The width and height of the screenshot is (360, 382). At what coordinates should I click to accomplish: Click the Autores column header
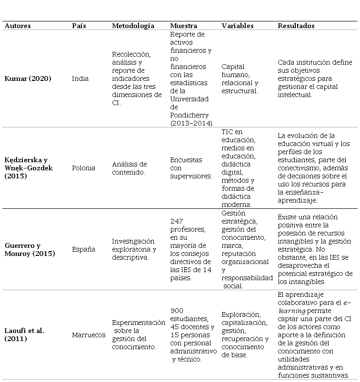point(19,26)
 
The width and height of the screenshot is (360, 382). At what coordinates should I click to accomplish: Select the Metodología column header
point(133,26)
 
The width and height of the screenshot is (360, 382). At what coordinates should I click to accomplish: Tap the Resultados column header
point(296,26)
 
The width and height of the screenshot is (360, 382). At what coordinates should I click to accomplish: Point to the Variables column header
point(238,26)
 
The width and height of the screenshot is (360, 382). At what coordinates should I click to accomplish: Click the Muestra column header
point(184,26)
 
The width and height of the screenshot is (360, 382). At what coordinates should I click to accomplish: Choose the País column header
point(79,26)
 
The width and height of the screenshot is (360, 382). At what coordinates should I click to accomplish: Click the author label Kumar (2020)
point(28,78)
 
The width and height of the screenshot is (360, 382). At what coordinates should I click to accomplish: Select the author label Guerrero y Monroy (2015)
point(30,249)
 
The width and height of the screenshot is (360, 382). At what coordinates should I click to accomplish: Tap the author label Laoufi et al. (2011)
point(24,334)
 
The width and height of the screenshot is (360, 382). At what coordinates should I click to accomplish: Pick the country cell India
point(80,78)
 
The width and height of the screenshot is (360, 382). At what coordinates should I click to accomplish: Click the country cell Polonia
point(83,168)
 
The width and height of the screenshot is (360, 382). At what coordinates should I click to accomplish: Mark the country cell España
point(83,249)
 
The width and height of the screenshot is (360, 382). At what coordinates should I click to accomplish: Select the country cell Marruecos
point(89,335)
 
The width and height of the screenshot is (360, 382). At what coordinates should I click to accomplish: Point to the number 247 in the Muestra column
point(177,221)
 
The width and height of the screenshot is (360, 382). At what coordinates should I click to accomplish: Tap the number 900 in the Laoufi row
point(177,311)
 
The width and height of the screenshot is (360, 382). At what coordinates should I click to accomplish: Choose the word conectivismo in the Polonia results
point(300,167)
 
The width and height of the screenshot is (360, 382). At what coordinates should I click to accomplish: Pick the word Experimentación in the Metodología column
point(139,323)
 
